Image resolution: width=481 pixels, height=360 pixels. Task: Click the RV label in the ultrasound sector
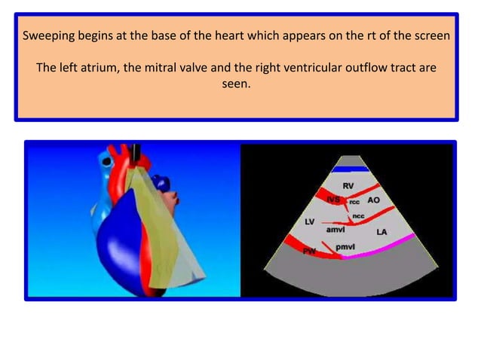click(348, 186)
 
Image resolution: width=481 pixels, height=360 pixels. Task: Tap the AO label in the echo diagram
click(373, 200)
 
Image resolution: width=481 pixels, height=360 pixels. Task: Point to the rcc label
click(354, 202)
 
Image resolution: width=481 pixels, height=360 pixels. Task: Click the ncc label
click(359, 216)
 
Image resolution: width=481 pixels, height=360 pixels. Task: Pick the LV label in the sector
click(309, 222)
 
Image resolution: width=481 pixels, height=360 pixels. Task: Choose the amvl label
click(335, 230)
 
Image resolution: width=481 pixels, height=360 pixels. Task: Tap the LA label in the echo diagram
click(381, 232)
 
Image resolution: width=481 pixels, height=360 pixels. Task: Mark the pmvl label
click(345, 246)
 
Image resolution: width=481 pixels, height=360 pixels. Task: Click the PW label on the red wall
click(308, 251)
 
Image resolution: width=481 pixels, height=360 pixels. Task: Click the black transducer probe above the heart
click(137, 154)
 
